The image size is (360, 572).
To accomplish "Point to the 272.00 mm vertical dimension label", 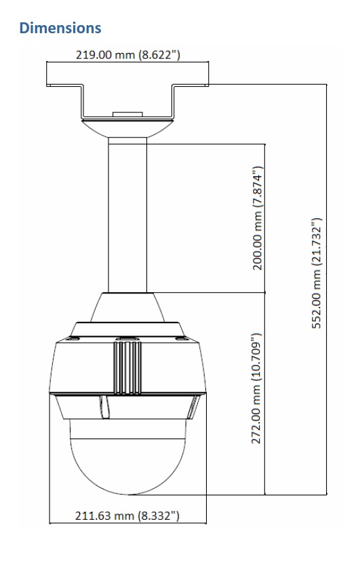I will tap(257, 388).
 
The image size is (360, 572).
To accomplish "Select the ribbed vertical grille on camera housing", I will tap(127, 366).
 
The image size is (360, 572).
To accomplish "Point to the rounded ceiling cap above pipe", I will tap(127, 129).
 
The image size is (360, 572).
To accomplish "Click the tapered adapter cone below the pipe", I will tap(127, 305).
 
